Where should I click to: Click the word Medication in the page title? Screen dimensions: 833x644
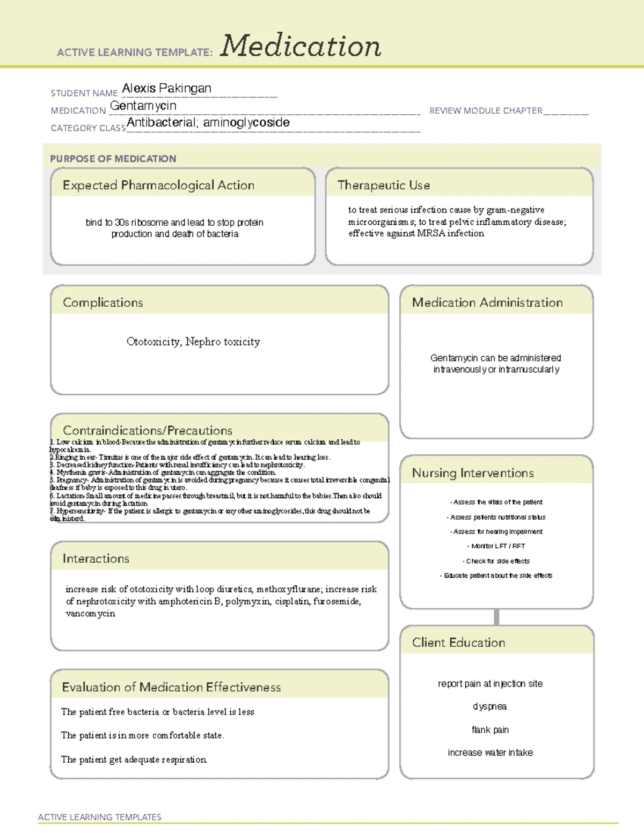301,46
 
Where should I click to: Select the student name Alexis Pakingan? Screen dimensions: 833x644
166,89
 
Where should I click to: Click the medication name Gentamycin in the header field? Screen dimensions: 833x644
143,106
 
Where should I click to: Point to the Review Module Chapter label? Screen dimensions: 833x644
486,110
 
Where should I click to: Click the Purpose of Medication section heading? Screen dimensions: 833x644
113,159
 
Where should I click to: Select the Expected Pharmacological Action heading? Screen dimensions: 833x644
158,185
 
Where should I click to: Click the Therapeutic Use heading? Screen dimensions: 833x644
384,185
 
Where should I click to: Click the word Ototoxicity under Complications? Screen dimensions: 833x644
153,342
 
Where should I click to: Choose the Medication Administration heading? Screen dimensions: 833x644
487,303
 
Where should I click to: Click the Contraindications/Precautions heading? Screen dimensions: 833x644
148,430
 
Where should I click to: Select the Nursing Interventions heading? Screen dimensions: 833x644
473,473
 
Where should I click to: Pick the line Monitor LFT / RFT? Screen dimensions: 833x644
496,546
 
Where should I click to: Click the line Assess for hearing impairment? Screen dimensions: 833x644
496,532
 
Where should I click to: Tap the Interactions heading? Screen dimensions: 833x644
96,559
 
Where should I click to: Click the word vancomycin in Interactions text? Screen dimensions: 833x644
90,614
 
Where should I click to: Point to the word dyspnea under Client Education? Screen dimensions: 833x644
489,706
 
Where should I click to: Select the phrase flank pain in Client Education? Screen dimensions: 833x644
490,730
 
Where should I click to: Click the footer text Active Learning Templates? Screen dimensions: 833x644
100,817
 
